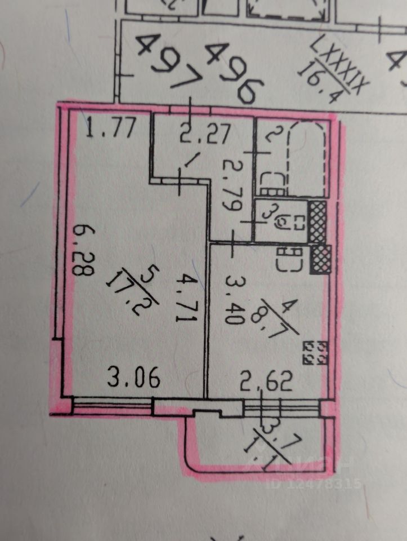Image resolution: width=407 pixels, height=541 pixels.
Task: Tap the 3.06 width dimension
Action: [133, 378]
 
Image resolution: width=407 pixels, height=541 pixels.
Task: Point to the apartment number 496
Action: [234, 73]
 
